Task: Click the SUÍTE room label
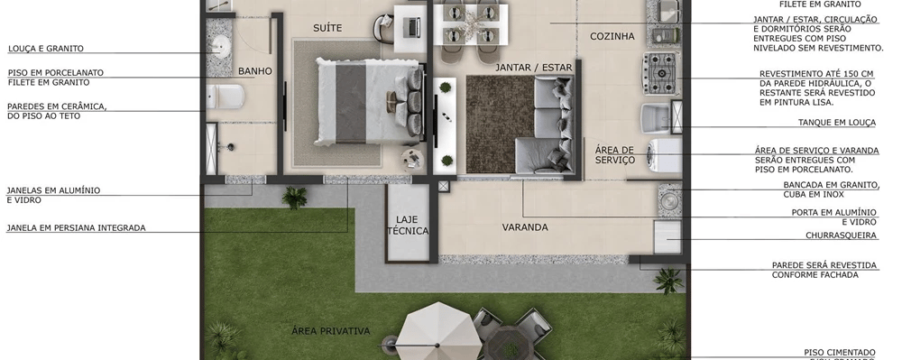point(327,29)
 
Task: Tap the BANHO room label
point(255,71)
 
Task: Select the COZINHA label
point(612,37)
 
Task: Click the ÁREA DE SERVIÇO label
point(615,154)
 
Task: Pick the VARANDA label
point(525,227)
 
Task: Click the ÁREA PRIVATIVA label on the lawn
point(330,331)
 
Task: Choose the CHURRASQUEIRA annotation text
point(842,235)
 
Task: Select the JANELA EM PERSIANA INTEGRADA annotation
point(76,228)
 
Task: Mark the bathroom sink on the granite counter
point(219,48)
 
